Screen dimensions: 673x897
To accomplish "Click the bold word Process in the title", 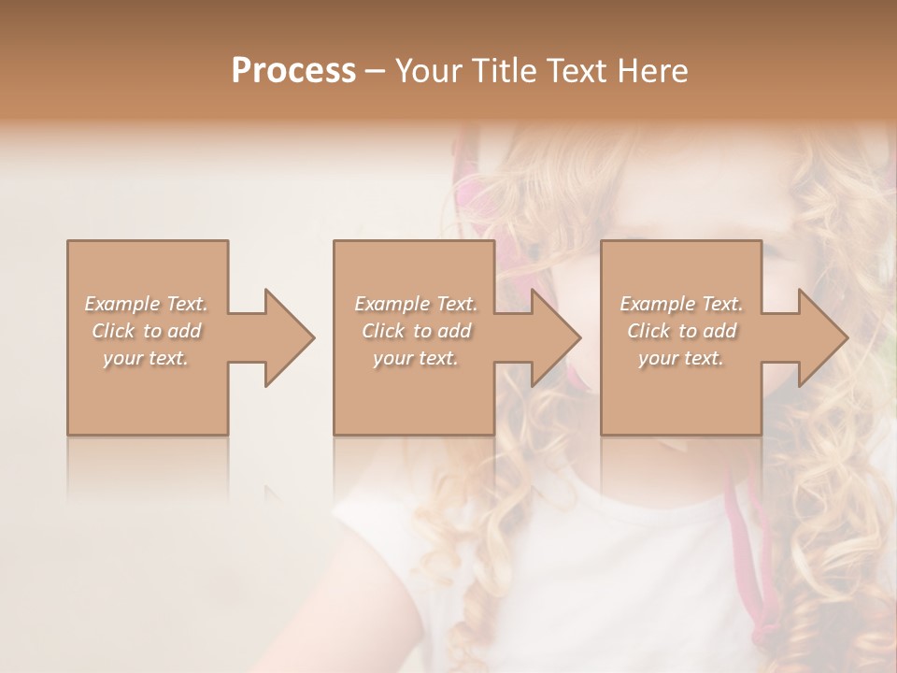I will click(x=293, y=71).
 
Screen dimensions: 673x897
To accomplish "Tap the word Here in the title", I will click(x=653, y=71).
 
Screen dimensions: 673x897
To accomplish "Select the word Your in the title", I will click(x=426, y=71).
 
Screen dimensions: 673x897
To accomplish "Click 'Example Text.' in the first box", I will click(x=146, y=304).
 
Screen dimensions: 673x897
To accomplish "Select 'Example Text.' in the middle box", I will click(x=416, y=304).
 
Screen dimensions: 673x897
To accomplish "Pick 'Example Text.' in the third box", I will click(x=681, y=304).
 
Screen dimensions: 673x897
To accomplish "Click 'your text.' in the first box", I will click(x=146, y=358).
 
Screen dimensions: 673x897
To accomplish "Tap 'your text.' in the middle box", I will click(x=416, y=358).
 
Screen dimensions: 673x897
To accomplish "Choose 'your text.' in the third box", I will click(x=681, y=358).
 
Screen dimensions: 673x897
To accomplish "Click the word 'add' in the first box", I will click(x=184, y=331).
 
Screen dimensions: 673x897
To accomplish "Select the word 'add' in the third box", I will click(x=719, y=331).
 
